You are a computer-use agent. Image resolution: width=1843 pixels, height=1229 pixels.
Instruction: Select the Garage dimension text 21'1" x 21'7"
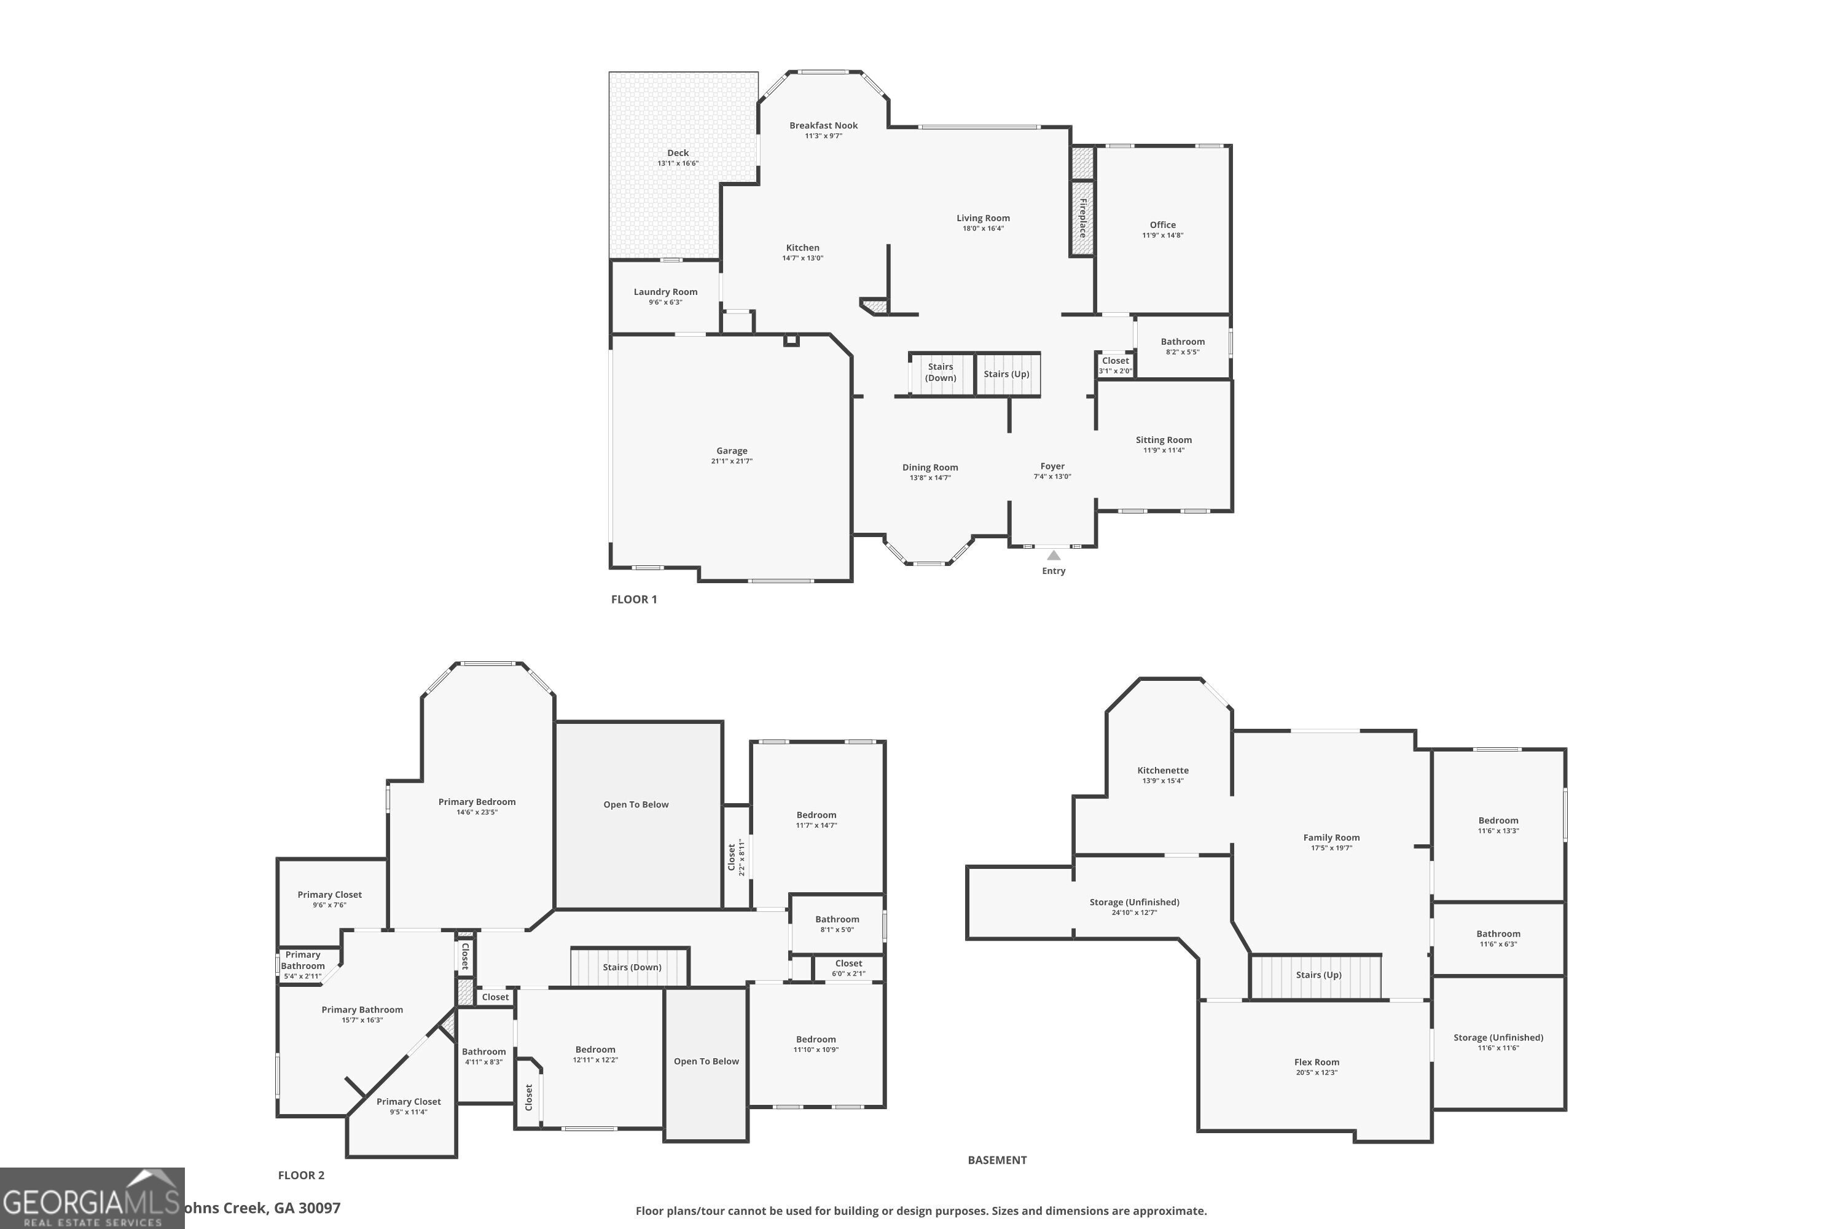point(731,461)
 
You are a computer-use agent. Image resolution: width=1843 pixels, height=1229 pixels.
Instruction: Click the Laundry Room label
point(665,291)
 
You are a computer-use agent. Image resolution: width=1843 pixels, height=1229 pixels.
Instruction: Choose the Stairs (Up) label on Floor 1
point(1006,374)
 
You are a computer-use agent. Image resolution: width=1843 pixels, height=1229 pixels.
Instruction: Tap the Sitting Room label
point(1163,440)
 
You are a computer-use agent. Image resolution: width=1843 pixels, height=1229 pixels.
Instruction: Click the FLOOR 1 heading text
point(634,599)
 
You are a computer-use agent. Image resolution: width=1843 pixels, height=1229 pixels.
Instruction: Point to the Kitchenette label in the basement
point(1162,771)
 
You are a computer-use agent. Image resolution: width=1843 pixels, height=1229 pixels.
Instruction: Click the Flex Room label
point(1316,1062)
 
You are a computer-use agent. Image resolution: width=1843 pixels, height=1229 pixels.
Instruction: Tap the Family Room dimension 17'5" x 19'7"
point(1331,848)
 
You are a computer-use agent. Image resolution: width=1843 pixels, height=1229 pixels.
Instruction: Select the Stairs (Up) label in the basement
point(1318,975)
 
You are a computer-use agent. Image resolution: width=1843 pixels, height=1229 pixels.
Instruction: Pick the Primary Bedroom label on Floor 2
point(477,802)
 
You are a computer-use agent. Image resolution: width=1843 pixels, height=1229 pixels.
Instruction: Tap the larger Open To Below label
point(635,804)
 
